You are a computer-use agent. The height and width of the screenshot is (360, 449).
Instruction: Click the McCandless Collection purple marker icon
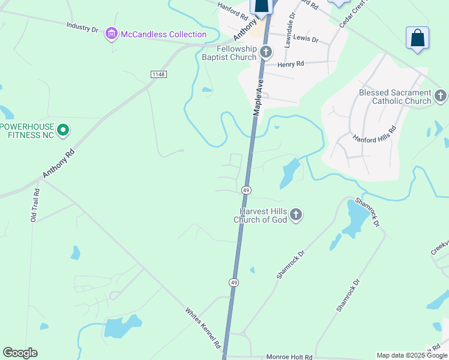pyautogui.click(x=111, y=34)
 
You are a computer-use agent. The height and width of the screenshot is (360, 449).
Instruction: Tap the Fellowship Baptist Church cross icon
pyautogui.click(x=267, y=52)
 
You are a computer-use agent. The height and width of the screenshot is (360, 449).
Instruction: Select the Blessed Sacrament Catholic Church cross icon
pyautogui.click(x=441, y=96)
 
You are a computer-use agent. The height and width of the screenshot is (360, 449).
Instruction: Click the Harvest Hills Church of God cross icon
pyautogui.click(x=295, y=215)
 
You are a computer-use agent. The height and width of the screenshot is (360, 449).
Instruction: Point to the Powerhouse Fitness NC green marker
pyautogui.click(x=63, y=130)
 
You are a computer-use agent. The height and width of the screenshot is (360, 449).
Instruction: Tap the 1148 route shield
pyautogui.click(x=158, y=74)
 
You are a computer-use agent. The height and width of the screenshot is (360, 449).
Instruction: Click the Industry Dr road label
pyautogui.click(x=82, y=28)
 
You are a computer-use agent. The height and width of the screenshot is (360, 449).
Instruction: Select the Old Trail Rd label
pyautogui.click(x=35, y=206)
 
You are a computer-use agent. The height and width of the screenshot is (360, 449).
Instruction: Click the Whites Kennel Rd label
pyautogui.click(x=203, y=329)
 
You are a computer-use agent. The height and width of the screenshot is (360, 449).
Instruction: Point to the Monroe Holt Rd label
pyautogui.click(x=289, y=357)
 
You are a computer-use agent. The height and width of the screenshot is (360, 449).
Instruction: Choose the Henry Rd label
pyautogui.click(x=291, y=64)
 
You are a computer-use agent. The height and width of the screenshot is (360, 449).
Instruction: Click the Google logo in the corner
pyautogui.click(x=20, y=353)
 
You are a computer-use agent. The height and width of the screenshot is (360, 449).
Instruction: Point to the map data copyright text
pyautogui.click(x=412, y=355)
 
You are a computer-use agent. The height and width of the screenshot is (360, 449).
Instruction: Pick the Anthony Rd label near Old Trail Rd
pyautogui.click(x=58, y=163)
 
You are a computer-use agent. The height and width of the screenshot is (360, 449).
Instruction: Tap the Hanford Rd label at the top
pyautogui.click(x=232, y=8)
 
